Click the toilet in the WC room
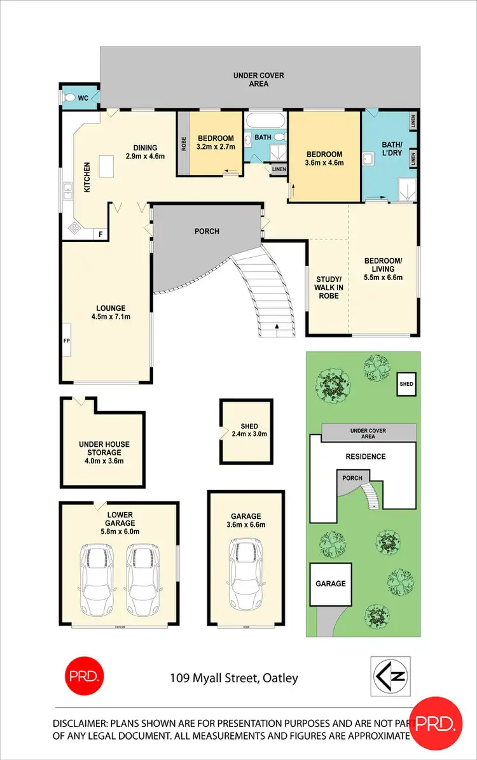pos(69,97)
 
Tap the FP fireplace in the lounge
pos(66,341)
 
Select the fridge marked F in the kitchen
pos(100,234)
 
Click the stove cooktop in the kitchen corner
pos(74,229)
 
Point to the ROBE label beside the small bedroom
pos(183,143)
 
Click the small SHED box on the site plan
pos(406,384)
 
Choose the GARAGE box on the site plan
pos(331,584)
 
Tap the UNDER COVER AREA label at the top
pos(258,80)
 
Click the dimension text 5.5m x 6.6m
pos(383,277)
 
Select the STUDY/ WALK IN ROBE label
pos(329,287)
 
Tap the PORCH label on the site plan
pos(352,478)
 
